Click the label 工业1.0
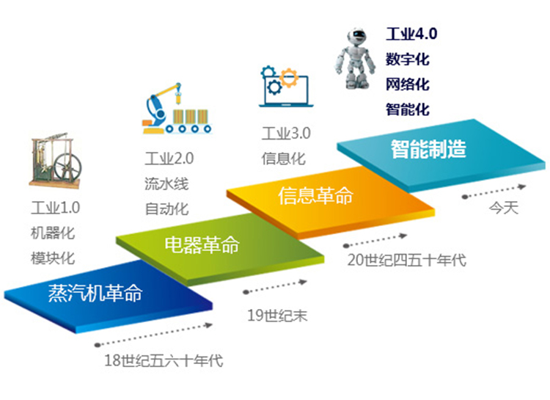click(x=56, y=208)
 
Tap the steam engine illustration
click(x=56, y=160)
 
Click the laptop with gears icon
click(x=286, y=87)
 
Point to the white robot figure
click(x=355, y=59)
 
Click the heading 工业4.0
click(x=411, y=34)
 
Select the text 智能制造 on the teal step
click(x=428, y=149)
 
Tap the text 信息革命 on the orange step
click(x=315, y=196)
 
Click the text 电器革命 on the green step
click(x=202, y=244)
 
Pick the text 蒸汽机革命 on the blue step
click(x=95, y=293)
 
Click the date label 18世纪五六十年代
click(x=164, y=360)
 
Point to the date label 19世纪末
click(x=277, y=316)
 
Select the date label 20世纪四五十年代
click(x=406, y=261)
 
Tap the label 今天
click(x=504, y=208)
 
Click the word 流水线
click(x=166, y=183)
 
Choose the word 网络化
click(x=408, y=84)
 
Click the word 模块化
click(x=53, y=258)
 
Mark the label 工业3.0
click(x=286, y=134)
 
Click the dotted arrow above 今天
click(x=494, y=192)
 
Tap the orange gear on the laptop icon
click(x=289, y=78)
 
